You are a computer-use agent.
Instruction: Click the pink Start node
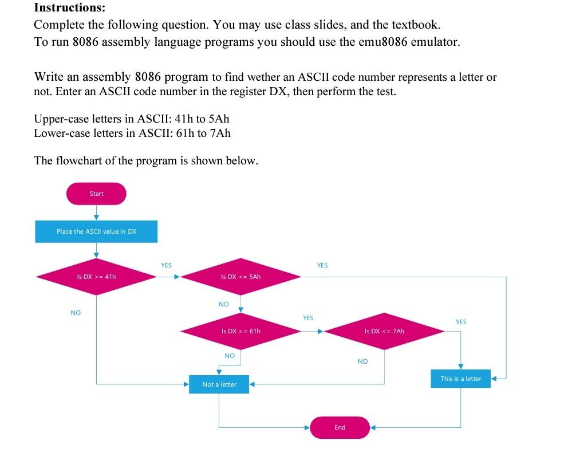[96, 194]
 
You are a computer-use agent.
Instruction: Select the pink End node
[340, 427]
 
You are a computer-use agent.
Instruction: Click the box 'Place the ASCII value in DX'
[96, 231]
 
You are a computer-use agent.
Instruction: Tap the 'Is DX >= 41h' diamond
[96, 277]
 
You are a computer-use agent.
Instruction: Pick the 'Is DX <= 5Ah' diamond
[240, 277]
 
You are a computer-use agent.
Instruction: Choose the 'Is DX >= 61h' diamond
[240, 331]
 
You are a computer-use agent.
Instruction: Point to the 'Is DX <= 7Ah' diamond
[384, 331]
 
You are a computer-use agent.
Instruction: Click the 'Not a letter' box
[219, 384]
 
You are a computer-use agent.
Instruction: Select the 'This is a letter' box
[460, 379]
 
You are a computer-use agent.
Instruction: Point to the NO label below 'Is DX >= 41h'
[76, 313]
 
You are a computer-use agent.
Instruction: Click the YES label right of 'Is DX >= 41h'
[166, 265]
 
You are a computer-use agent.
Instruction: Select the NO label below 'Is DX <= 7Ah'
[362, 361]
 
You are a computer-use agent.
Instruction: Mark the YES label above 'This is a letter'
[461, 322]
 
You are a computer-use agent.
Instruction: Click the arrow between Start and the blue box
[96, 213]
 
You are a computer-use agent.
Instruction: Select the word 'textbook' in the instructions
[416, 25]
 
